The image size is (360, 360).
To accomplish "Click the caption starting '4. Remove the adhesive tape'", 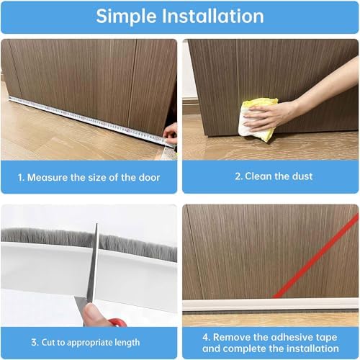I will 270,336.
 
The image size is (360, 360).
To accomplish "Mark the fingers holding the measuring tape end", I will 170,132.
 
